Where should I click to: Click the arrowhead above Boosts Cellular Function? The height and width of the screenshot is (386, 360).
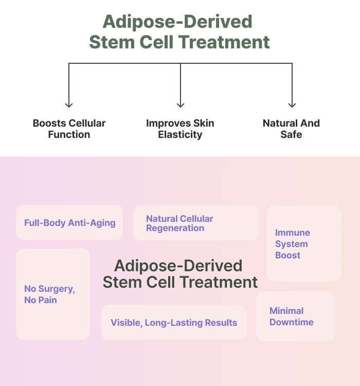click(69, 106)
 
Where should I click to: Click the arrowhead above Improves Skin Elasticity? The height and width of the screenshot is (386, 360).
click(181, 106)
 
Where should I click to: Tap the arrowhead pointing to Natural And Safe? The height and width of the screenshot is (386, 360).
click(292, 106)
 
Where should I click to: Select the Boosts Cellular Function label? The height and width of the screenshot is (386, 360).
click(69, 129)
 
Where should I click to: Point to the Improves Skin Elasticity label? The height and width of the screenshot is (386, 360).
click(180, 129)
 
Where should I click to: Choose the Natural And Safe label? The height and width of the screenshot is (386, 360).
click(292, 129)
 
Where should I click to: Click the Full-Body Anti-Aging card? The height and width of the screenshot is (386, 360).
click(69, 222)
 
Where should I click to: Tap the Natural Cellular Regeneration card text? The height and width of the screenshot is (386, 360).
click(179, 223)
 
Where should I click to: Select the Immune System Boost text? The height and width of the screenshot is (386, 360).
click(293, 244)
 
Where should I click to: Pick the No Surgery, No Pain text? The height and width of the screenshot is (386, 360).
click(49, 294)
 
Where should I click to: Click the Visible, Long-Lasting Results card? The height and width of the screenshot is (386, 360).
click(174, 322)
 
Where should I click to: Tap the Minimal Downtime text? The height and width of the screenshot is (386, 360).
click(292, 317)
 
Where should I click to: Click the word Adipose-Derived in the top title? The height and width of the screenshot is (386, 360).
click(177, 22)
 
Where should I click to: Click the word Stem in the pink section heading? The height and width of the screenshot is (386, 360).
click(122, 282)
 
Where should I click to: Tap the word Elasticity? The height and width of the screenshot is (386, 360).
click(180, 135)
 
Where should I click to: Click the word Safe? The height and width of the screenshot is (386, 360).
click(292, 134)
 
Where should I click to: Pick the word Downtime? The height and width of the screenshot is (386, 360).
click(292, 322)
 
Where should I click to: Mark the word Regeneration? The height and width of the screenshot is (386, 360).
click(175, 228)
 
